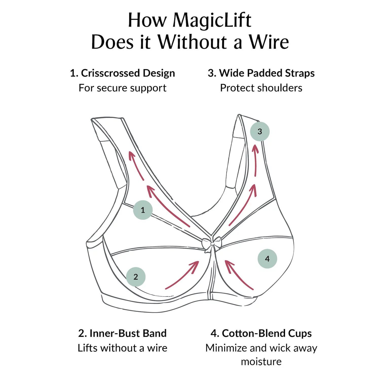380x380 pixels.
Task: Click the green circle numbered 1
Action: [x=143, y=210]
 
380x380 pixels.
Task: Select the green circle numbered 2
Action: [x=136, y=277]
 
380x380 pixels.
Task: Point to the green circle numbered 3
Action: [x=260, y=131]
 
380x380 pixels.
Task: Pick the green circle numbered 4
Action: [x=267, y=259]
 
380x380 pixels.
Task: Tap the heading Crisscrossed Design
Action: [x=123, y=73]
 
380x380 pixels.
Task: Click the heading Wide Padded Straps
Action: [x=261, y=73]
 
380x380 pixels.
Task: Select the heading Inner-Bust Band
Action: [x=123, y=333]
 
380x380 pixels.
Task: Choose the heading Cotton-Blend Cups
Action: [x=261, y=333]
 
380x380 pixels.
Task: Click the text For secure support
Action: [x=123, y=88]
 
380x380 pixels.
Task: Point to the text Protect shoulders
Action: [x=261, y=88]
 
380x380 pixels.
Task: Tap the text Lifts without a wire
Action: [x=123, y=348]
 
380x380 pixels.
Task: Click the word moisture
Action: [x=261, y=362]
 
